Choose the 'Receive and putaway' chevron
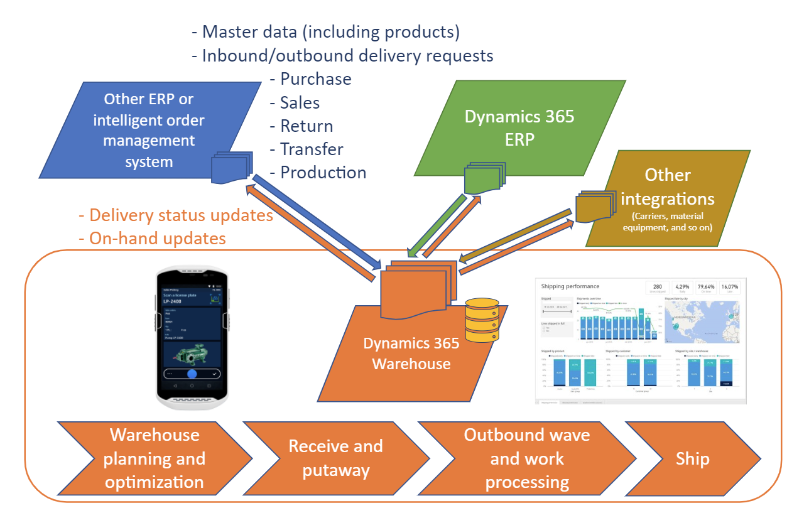[335, 458]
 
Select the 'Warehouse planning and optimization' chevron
[155, 458]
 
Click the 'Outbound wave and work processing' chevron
[526, 458]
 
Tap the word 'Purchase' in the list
[315, 79]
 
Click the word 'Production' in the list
[323, 173]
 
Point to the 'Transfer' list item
[312, 149]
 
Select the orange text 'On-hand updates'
[157, 239]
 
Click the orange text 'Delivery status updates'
[181, 215]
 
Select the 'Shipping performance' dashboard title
[570, 286]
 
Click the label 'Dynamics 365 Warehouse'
[411, 353]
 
